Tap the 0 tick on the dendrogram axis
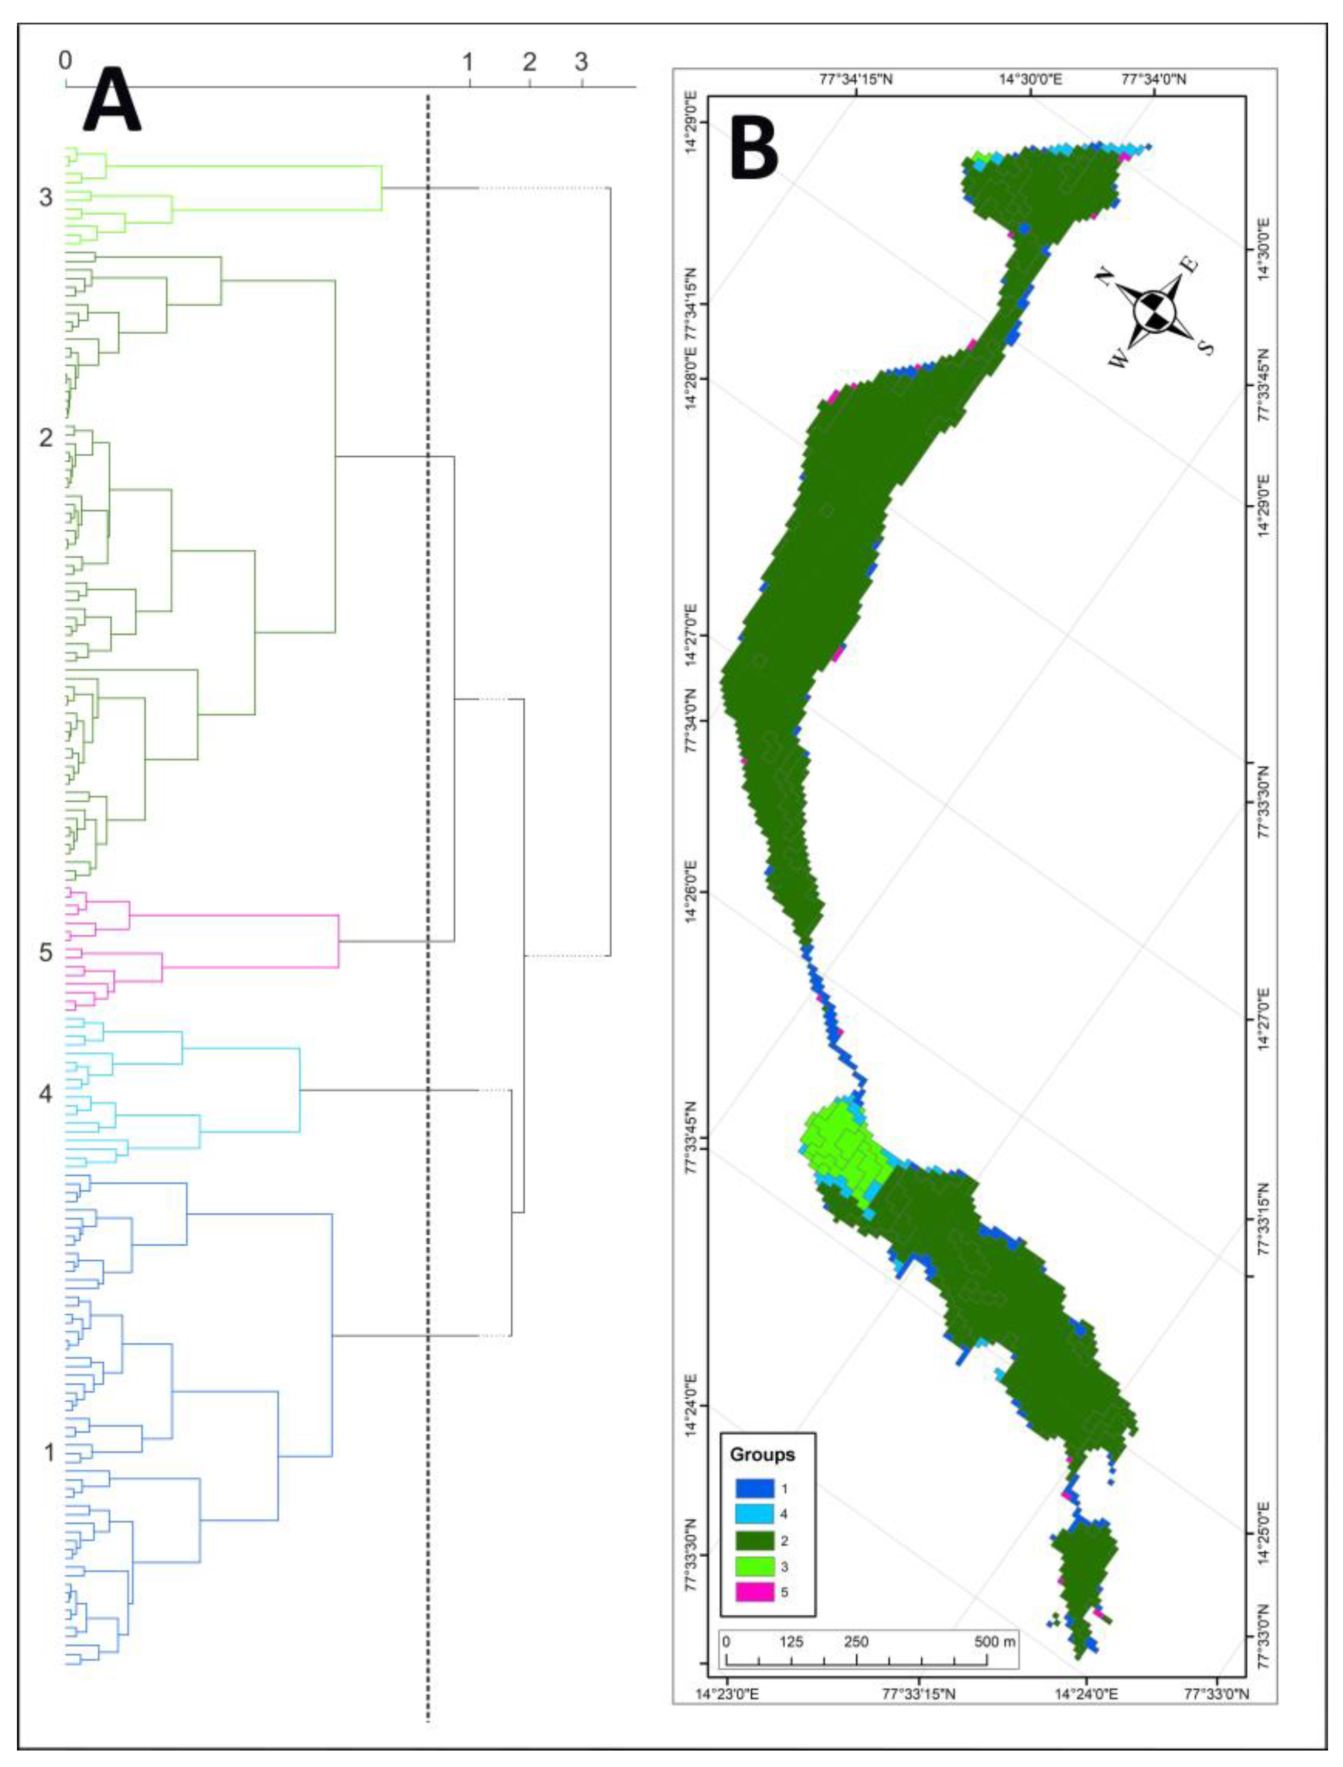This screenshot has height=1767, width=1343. click(x=65, y=61)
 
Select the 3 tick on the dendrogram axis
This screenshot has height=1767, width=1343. click(x=581, y=62)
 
